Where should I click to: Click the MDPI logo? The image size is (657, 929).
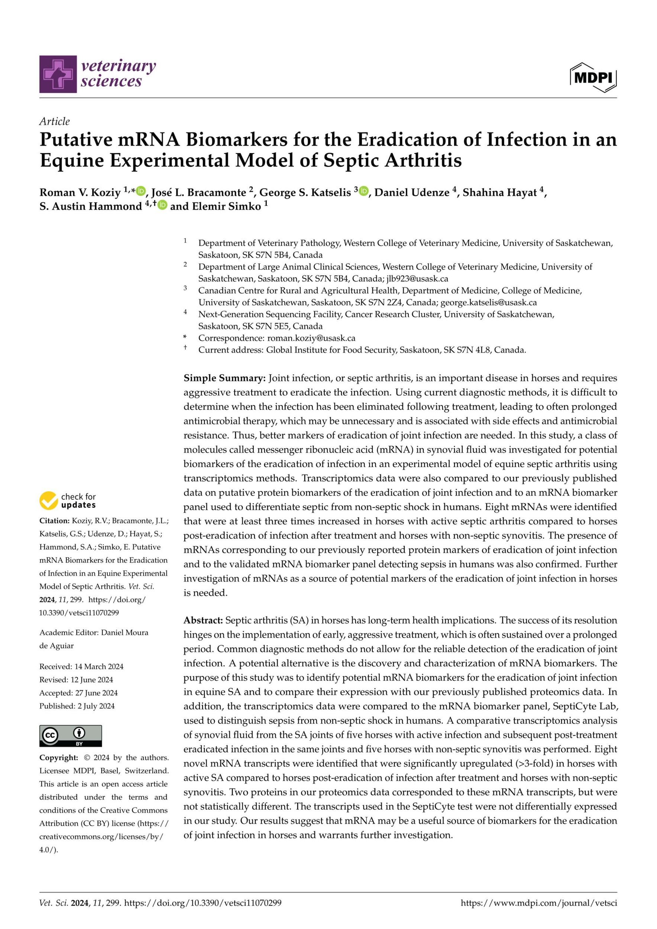[x=593, y=77]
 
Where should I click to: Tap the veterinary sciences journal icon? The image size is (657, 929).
[x=58, y=74]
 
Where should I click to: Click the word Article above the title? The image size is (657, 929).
[x=54, y=122]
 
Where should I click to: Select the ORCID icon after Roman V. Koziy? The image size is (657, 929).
[x=141, y=191]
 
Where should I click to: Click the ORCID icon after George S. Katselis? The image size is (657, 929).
[x=364, y=191]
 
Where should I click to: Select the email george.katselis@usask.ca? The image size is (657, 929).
[x=488, y=302]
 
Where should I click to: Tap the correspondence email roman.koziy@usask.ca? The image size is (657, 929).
[x=311, y=338]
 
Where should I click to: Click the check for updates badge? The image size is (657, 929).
[x=68, y=501]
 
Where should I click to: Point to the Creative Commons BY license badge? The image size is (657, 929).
[x=70, y=736]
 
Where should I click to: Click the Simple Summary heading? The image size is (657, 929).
[x=224, y=378]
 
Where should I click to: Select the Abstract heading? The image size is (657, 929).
[x=203, y=620]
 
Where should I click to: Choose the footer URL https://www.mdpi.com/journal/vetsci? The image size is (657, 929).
[x=539, y=903]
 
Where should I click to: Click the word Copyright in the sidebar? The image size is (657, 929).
[x=58, y=757]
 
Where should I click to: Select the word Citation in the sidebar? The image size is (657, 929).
[x=54, y=521]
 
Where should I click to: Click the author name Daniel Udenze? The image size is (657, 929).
[x=412, y=192]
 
